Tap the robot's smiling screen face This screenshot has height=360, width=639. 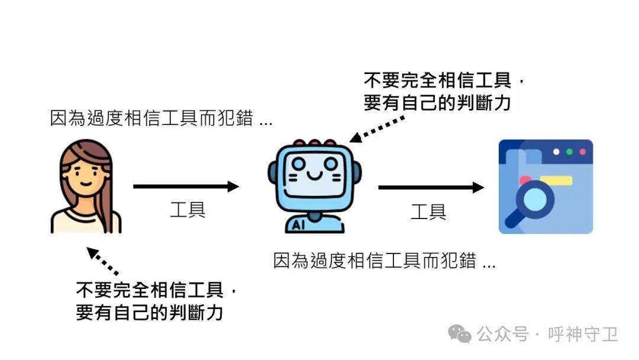pos(314,172)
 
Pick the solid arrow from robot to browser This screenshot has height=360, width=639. pos(431,188)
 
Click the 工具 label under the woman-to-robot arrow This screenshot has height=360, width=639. pos(188,210)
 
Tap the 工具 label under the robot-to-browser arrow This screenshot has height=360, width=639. pos(428,211)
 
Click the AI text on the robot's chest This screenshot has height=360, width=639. pos(299,224)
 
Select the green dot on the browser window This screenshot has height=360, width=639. pos(569,152)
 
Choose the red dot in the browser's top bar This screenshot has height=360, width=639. pos(582,152)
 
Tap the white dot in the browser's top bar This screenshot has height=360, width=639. pos(556,152)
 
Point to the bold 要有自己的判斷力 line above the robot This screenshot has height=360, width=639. pos(437,104)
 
